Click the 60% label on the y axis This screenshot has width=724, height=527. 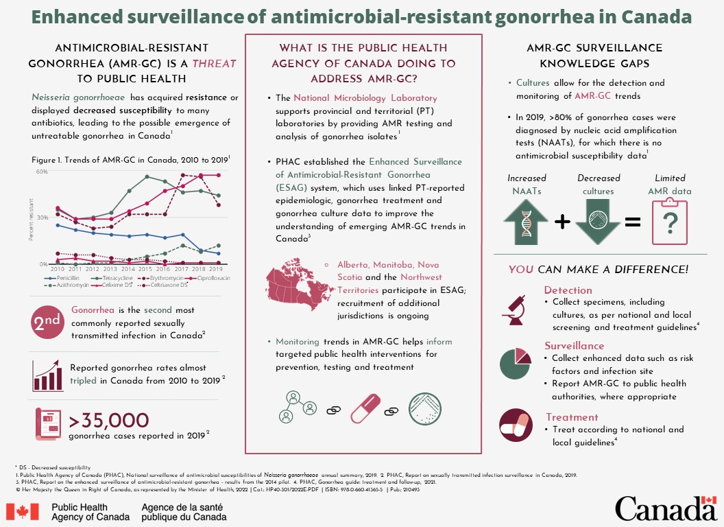click(x=42, y=172)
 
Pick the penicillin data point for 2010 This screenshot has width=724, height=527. click(x=58, y=225)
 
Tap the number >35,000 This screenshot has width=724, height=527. click(x=110, y=420)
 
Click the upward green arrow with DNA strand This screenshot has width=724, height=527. click(x=525, y=221)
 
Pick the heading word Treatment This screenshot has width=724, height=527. click(x=572, y=417)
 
